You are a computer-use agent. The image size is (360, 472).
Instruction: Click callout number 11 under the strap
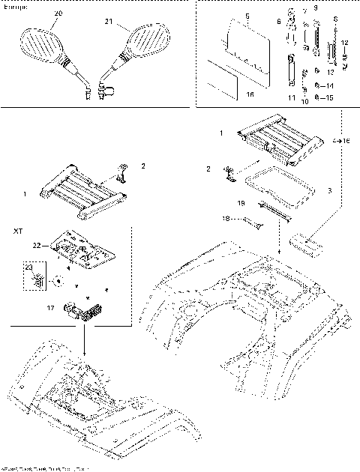pos(289,97)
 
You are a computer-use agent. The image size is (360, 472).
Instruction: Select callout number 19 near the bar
pos(241,203)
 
